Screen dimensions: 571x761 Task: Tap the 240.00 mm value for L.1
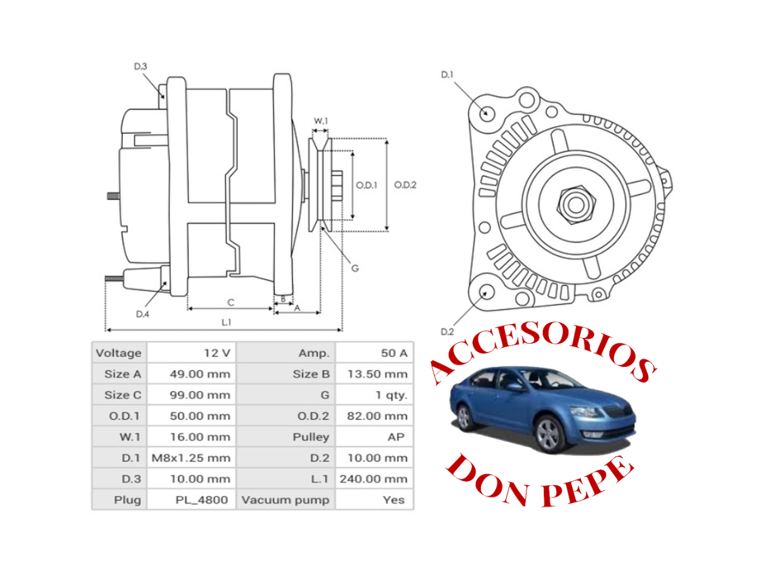373,479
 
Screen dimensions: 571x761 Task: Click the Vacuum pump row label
285,500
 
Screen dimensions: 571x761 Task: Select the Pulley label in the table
310,437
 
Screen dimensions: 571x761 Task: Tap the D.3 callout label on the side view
140,67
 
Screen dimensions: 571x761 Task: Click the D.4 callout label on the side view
142,314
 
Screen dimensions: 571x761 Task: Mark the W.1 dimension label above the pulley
320,121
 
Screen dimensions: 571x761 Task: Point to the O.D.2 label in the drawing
405,185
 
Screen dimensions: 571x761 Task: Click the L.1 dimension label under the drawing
226,322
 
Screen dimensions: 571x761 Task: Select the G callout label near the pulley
355,268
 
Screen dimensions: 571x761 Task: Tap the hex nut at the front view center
575,205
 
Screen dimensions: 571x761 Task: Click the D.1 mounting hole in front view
487,113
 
